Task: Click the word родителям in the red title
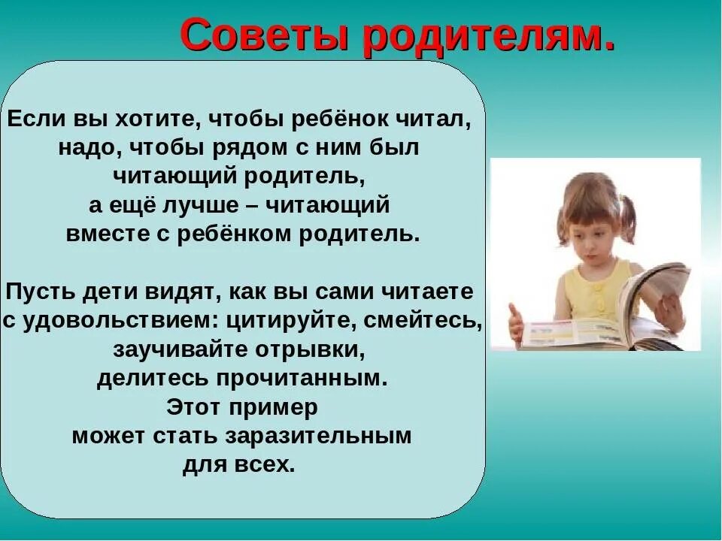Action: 488,35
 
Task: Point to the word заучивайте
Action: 177,349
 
